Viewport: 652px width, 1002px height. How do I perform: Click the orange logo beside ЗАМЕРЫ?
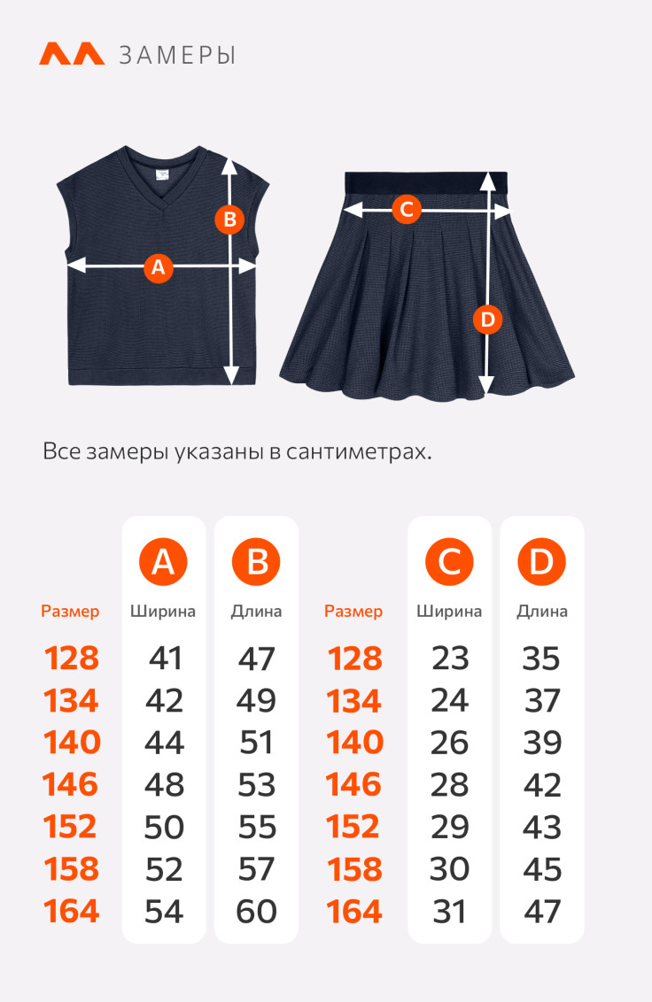pyautogui.click(x=72, y=54)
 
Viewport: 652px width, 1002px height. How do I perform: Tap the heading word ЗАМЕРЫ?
pyautogui.click(x=177, y=56)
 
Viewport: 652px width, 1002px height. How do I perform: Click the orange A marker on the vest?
pyautogui.click(x=159, y=267)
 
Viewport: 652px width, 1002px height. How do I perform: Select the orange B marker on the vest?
pyautogui.click(x=229, y=220)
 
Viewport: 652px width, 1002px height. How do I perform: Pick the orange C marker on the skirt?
pyautogui.click(x=407, y=209)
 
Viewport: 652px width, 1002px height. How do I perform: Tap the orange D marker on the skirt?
pyautogui.click(x=487, y=319)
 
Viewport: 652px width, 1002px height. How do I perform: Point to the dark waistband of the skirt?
pyautogui.click(x=426, y=182)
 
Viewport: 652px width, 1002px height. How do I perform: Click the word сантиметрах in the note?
pyautogui.click(x=359, y=451)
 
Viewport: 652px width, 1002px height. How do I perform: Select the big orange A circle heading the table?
pyautogui.click(x=163, y=562)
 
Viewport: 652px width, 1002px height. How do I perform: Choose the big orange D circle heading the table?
pyautogui.click(x=541, y=562)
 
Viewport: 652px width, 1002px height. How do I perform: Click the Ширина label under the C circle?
pyautogui.click(x=449, y=612)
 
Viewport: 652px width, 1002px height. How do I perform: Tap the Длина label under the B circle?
pyautogui.click(x=256, y=612)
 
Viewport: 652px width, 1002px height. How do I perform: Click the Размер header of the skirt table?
pyautogui.click(x=353, y=612)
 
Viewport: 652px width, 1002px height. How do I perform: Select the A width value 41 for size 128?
pyautogui.click(x=165, y=659)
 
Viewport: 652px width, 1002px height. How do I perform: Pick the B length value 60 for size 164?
pyautogui.click(x=257, y=911)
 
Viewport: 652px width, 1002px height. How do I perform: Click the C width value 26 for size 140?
pyautogui.click(x=450, y=743)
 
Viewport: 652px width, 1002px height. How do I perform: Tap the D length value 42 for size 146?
pyautogui.click(x=542, y=785)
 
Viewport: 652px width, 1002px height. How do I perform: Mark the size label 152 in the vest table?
pyautogui.click(x=70, y=827)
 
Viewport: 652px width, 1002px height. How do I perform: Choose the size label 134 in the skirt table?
pyautogui.click(x=353, y=700)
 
